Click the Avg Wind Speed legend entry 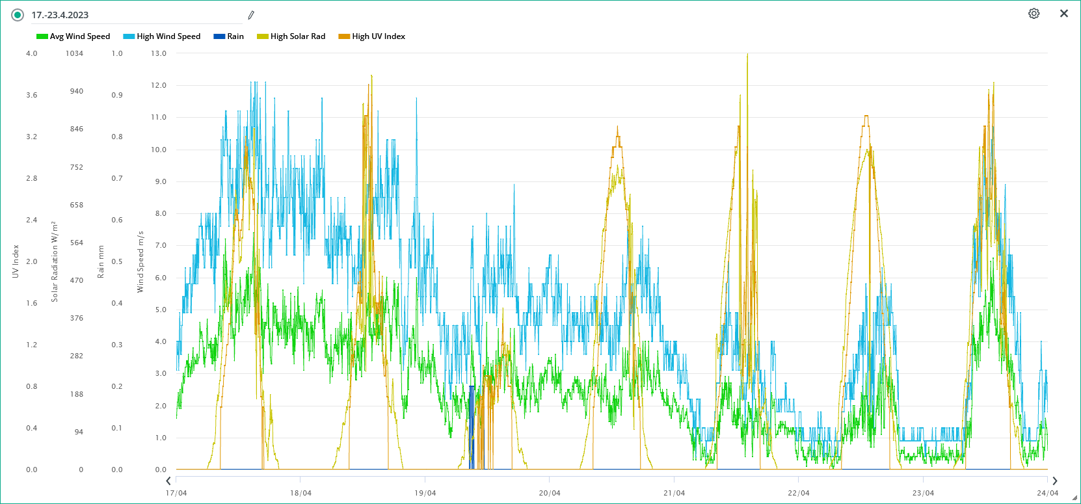pyautogui.click(x=73, y=36)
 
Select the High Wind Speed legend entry pyautogui.click(x=162, y=36)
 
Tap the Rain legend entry pyautogui.click(x=229, y=36)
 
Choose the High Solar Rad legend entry pyautogui.click(x=291, y=36)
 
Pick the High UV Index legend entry pyautogui.click(x=372, y=36)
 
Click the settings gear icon pyautogui.click(x=1034, y=14)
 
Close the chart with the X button pyautogui.click(x=1064, y=14)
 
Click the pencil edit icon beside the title pyautogui.click(x=251, y=15)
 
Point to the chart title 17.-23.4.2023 pyautogui.click(x=60, y=15)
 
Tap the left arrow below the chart pyautogui.click(x=168, y=481)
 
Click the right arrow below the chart pyautogui.click(x=1055, y=481)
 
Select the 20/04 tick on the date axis pyautogui.click(x=550, y=493)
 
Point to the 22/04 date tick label pyautogui.click(x=799, y=493)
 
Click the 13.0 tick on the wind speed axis pyautogui.click(x=159, y=53)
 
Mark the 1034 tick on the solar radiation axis pyautogui.click(x=74, y=53)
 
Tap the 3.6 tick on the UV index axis pyautogui.click(x=32, y=95)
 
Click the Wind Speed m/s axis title pyautogui.click(x=140, y=261)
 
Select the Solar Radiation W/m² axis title pyautogui.click(x=55, y=261)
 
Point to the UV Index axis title pyautogui.click(x=16, y=261)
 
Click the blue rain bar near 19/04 pyautogui.click(x=472, y=426)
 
